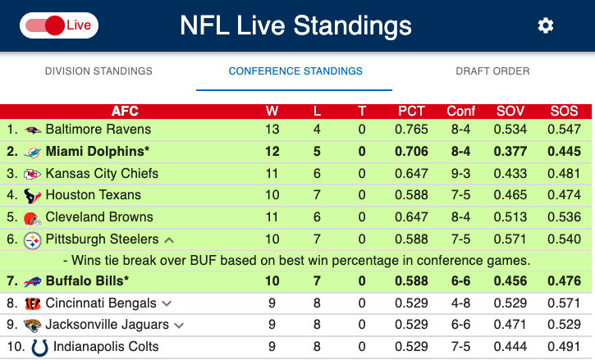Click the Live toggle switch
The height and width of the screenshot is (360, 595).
click(58, 25)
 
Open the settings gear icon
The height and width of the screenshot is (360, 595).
click(546, 25)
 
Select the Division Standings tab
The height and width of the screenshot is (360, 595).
click(98, 71)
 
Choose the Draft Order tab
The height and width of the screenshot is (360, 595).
click(492, 71)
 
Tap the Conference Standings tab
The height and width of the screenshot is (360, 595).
click(295, 71)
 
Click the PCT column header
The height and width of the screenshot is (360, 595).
click(412, 112)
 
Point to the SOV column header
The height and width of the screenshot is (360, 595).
click(510, 112)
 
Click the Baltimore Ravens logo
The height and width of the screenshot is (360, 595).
click(33, 130)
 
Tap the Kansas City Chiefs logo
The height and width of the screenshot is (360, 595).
click(33, 174)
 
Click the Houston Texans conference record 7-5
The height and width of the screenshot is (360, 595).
click(461, 195)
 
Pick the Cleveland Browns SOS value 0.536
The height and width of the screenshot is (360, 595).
click(564, 217)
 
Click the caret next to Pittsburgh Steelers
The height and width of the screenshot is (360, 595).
click(169, 240)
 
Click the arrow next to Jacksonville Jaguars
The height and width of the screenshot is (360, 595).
click(180, 326)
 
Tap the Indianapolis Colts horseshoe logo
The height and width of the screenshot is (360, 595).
click(39, 347)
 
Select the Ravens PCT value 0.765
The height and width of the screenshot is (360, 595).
click(412, 130)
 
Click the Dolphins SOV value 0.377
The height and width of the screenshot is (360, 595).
click(510, 151)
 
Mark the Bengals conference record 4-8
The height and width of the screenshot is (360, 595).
click(461, 303)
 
